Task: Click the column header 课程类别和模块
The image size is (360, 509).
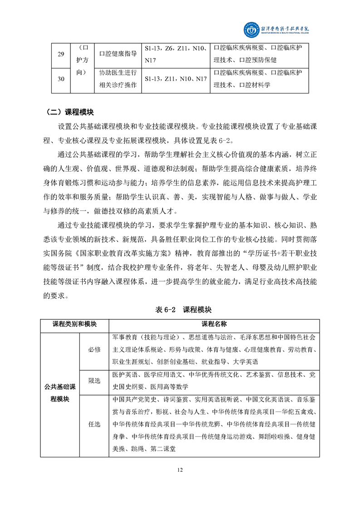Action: (x=74, y=325)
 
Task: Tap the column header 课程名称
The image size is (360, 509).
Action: (x=214, y=325)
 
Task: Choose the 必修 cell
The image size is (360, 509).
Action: (x=94, y=349)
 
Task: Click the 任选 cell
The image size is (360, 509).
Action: (x=94, y=424)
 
